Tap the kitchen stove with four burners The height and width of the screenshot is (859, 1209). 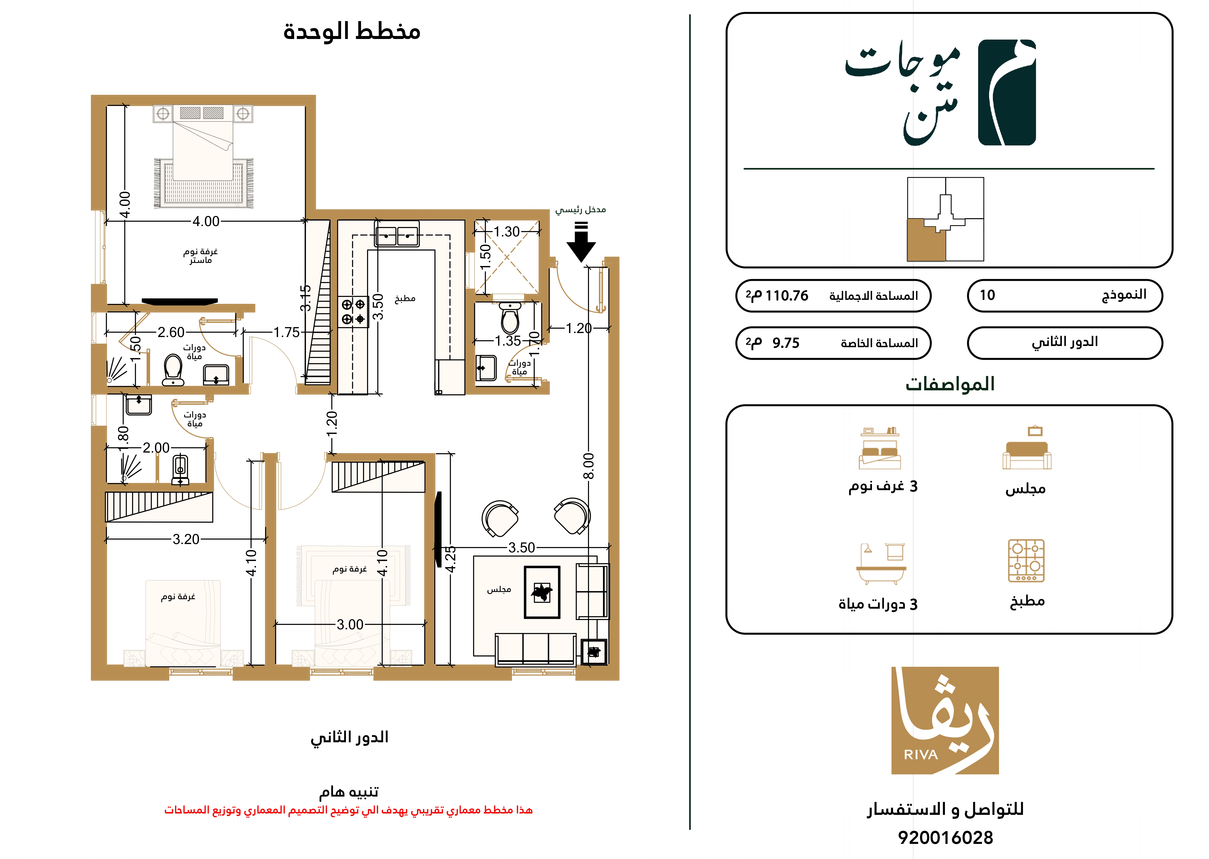pos(353,312)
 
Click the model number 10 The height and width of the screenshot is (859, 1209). pos(987,295)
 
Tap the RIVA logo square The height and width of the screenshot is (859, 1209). pos(945,720)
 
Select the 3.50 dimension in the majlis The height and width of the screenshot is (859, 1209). pos(521,547)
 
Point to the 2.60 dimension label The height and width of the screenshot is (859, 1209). pos(171,332)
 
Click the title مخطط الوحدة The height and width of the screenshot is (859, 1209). pos(352,32)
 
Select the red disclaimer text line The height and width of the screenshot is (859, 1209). pos(349,810)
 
